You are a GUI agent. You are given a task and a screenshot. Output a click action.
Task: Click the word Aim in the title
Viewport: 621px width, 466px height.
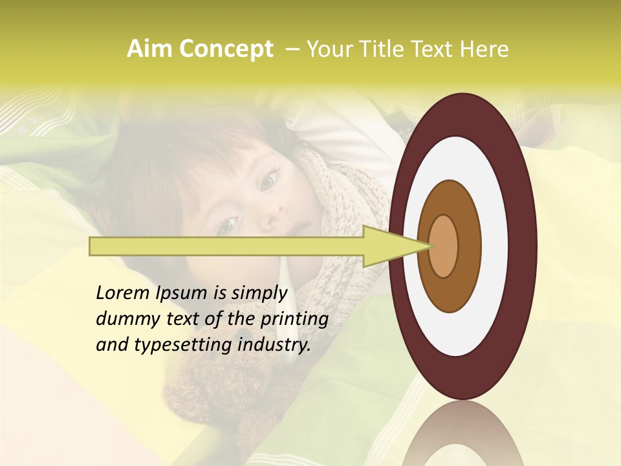[149, 49]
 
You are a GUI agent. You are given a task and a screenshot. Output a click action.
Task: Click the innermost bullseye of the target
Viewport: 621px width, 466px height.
[444, 247]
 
